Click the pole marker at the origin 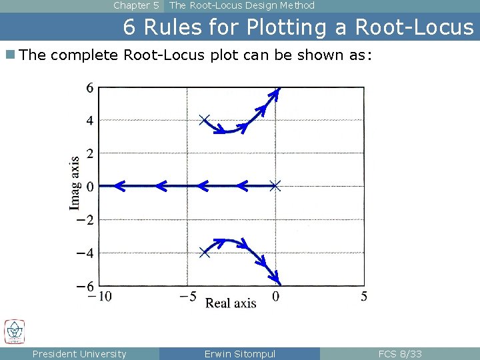(275, 186)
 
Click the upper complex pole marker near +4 (205, 120)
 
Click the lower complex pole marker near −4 (205, 252)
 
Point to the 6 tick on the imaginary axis (89, 87)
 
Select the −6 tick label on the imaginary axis (85, 286)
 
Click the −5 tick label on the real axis (187, 297)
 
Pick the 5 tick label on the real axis (364, 297)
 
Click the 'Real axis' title (231, 303)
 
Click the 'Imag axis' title (75, 183)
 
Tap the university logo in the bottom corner (14, 331)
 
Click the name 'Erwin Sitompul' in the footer (239, 354)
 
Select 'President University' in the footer (79, 354)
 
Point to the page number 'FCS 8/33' (400, 354)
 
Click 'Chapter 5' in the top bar (136, 5)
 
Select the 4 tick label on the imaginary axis (89, 121)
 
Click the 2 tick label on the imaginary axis (89, 153)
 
